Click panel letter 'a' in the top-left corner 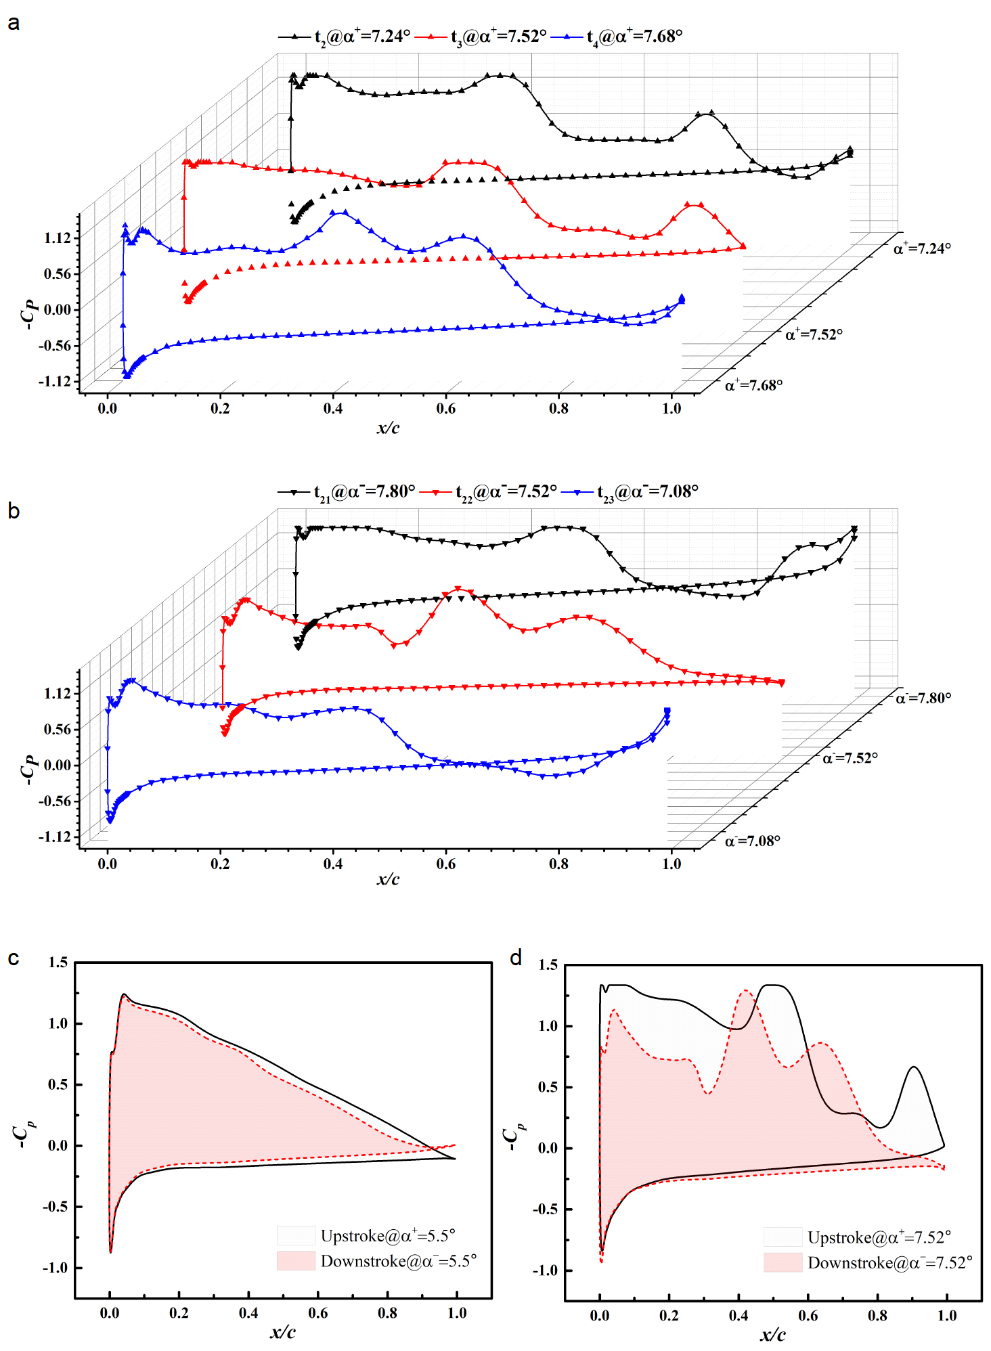(14, 24)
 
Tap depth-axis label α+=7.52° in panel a (814, 334)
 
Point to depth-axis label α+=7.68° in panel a (753, 385)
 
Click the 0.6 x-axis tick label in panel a (445, 409)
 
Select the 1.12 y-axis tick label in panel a (57, 238)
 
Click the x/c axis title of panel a (388, 428)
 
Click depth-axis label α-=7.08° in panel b (752, 841)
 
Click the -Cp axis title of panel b (28, 770)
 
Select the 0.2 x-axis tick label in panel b (220, 864)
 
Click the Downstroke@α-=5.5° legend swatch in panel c (296, 1261)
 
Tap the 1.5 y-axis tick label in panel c (58, 962)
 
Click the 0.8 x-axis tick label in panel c (387, 1313)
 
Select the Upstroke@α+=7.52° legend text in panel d (879, 1237)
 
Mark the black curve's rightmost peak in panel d (914, 1067)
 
